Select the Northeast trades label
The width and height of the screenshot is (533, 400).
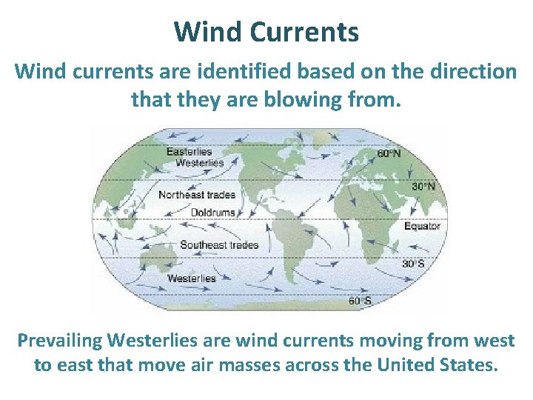tap(197, 195)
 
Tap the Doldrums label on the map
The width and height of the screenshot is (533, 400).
tap(212, 213)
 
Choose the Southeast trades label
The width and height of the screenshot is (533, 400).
tap(219, 245)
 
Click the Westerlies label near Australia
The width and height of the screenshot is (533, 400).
tap(191, 279)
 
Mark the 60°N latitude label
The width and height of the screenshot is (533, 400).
tap(389, 154)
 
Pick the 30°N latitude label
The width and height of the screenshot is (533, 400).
tap(423, 187)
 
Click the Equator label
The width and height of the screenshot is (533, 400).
tap(422, 227)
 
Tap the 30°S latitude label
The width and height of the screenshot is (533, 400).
tap(413, 263)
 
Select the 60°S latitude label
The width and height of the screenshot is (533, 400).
tap(360, 301)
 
